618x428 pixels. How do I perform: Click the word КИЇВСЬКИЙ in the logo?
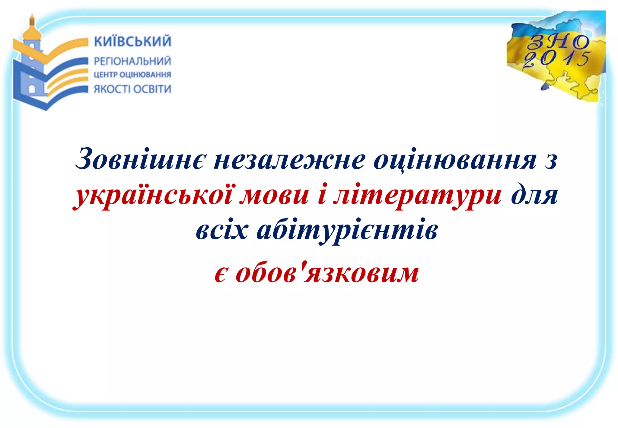[132, 41]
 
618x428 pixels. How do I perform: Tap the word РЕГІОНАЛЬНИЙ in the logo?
[132, 61]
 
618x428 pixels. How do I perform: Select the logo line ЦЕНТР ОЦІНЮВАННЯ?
[132, 75]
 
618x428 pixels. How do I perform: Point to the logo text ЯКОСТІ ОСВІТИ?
[132, 89]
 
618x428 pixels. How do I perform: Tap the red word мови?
[276, 195]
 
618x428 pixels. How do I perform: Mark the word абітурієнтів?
[347, 231]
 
